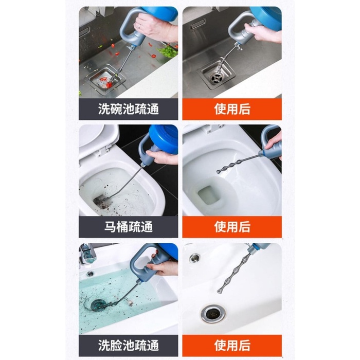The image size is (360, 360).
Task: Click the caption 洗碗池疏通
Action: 129,109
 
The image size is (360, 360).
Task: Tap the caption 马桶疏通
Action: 129,227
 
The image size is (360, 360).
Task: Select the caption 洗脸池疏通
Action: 129,345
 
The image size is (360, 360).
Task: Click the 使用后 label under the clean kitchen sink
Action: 232,109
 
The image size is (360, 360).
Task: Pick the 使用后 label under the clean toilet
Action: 232,227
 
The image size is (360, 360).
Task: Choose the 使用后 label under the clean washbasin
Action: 232,345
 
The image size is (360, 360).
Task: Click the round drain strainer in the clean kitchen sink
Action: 216,78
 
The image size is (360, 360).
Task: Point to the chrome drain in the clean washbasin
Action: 213,314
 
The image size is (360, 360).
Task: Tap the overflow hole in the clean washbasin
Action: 195,258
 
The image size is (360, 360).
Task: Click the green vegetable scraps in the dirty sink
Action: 168,51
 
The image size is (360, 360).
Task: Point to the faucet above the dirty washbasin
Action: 87,254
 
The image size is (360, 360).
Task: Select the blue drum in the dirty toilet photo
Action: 163,137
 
